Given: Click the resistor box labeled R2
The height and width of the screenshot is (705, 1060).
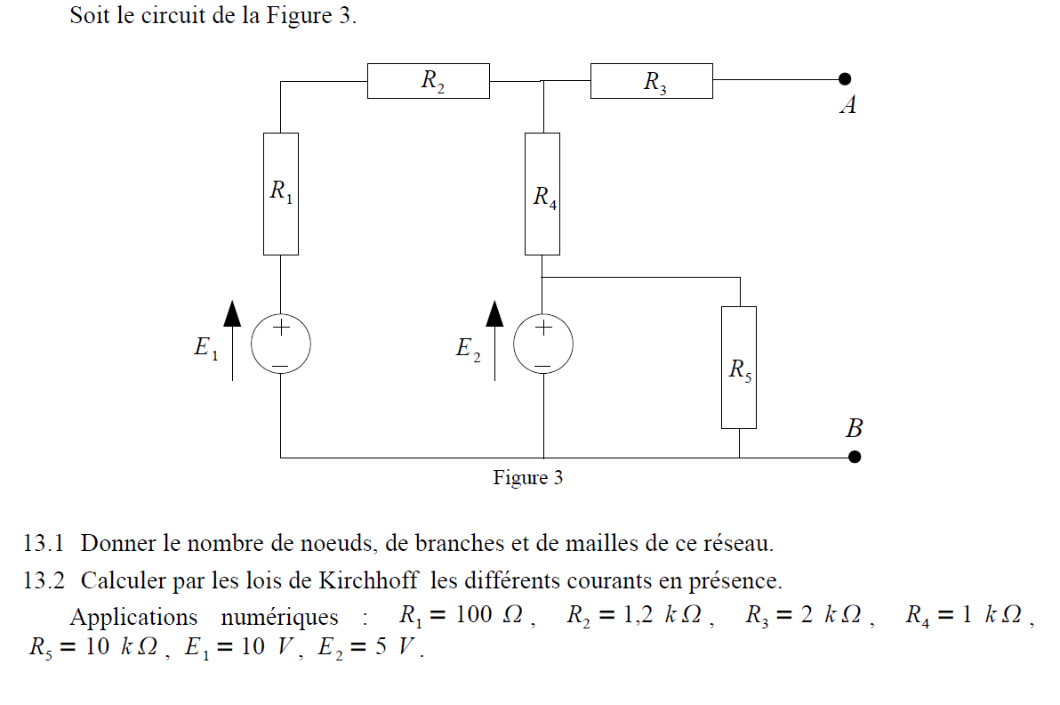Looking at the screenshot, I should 428,81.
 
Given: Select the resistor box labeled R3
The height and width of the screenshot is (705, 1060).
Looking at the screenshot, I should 651,81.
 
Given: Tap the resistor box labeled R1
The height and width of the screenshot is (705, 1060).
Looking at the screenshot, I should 281,193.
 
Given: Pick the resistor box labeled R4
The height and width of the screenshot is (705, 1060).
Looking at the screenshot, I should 542,193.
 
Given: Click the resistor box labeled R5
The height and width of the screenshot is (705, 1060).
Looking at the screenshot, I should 739,367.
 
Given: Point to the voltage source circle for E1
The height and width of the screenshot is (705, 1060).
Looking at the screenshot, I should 281,344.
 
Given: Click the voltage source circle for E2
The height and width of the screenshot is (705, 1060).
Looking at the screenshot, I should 542,344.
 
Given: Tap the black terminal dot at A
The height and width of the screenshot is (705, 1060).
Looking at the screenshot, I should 845,78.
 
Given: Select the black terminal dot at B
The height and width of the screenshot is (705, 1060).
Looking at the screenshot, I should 855,457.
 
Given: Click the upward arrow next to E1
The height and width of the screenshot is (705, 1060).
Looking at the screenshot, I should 232,339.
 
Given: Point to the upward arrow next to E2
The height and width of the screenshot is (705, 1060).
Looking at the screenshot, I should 494,339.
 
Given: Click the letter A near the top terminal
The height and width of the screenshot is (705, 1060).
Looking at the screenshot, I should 849,106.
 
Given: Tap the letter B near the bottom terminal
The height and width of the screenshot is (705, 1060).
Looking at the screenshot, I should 854,429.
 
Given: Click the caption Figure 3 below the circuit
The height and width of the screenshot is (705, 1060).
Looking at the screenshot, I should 528,478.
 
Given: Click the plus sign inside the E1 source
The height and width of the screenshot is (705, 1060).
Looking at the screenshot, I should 281,327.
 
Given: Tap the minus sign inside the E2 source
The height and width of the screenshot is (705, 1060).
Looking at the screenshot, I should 542,364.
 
